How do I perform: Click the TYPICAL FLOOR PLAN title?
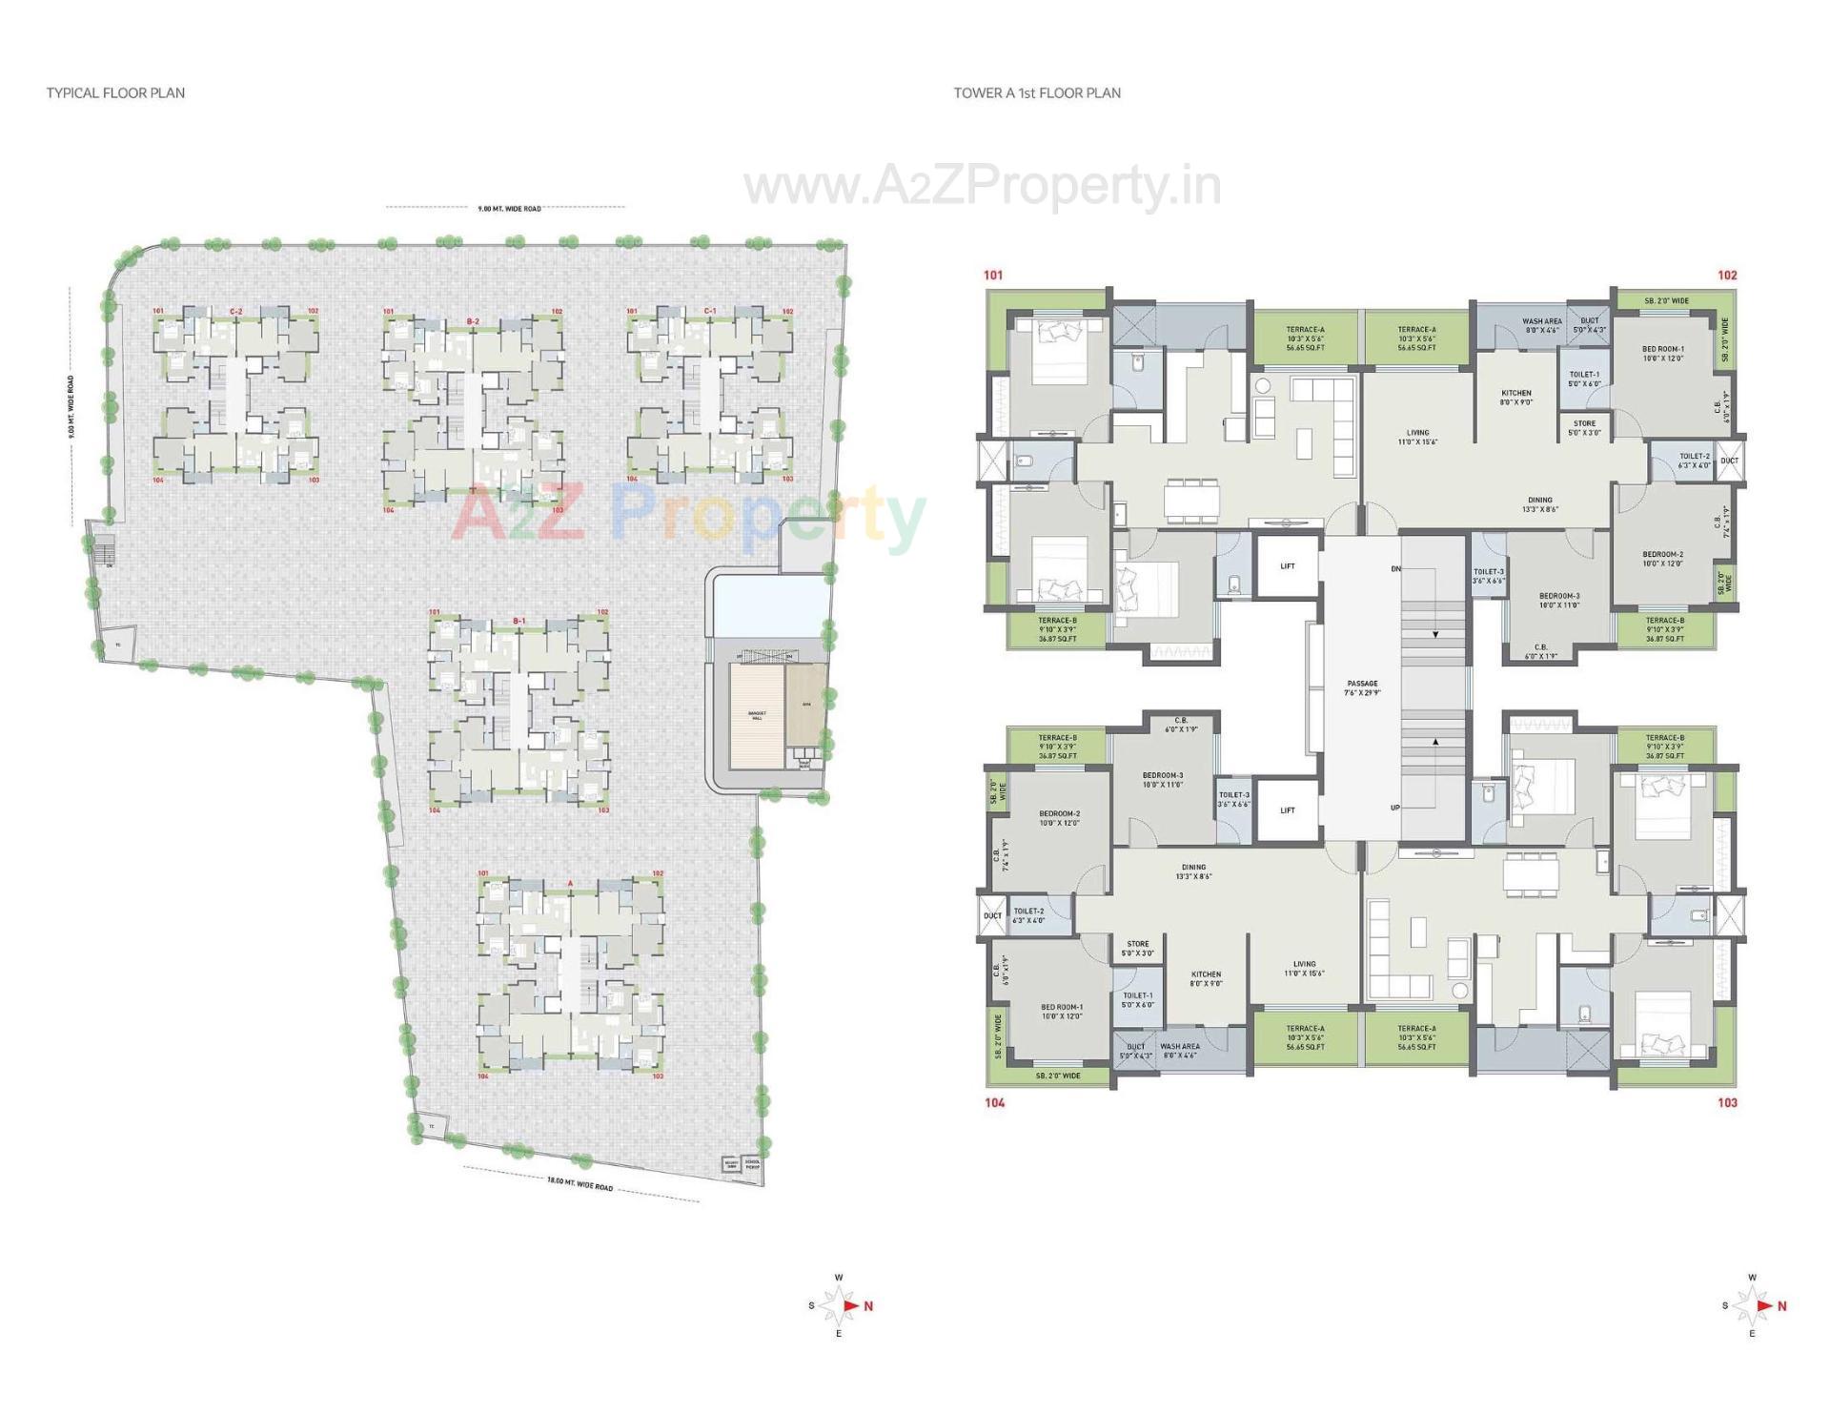[115, 92]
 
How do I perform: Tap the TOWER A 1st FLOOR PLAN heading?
[1037, 92]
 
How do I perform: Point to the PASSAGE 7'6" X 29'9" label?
[1362, 687]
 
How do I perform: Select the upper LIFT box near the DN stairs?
[1288, 566]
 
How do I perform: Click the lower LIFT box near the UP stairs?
[1288, 810]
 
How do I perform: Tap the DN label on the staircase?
[1395, 569]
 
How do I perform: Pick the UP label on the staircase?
[1395, 808]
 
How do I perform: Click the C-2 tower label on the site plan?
[235, 312]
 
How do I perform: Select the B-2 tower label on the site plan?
[472, 321]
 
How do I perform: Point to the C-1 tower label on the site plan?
[710, 311]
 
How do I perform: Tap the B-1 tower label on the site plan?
[518, 621]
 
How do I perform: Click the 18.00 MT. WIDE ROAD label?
[579, 1184]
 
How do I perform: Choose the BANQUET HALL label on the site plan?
[757, 715]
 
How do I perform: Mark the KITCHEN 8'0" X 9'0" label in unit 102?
[1515, 398]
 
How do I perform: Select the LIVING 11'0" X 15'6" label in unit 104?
[1304, 968]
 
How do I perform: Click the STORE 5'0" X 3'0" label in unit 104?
[1137, 948]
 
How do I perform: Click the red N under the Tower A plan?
[1781, 1306]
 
